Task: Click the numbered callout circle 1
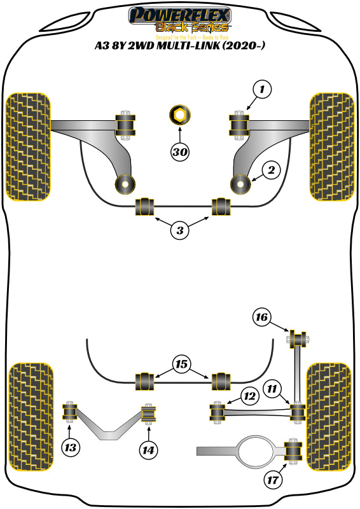pyautogui.click(x=261, y=89)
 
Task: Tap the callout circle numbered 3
pyautogui.click(x=180, y=232)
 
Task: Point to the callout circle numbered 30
pyautogui.click(x=180, y=152)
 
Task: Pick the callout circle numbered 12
pyautogui.click(x=249, y=397)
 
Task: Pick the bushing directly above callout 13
pyautogui.click(x=69, y=412)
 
